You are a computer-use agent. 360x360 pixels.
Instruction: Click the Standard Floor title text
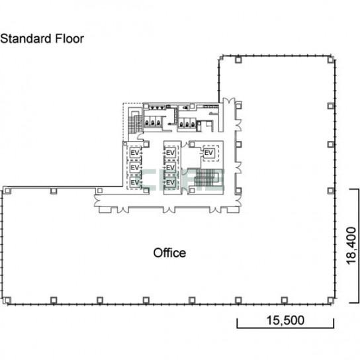(42, 38)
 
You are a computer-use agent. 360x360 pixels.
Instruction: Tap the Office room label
(169, 253)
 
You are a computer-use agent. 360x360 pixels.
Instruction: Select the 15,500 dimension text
(285, 320)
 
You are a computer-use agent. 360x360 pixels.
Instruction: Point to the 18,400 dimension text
(351, 246)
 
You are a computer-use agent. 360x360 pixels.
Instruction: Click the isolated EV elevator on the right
(208, 153)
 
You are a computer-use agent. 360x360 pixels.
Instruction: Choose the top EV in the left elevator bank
(135, 153)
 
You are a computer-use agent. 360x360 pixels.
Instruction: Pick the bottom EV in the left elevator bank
(135, 182)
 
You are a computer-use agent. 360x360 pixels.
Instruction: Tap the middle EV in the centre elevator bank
(170, 167)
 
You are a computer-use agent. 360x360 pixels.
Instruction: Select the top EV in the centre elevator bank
(170, 153)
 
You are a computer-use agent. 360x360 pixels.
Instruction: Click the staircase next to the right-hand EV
(206, 177)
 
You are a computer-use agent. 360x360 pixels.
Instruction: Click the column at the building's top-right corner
(330, 60)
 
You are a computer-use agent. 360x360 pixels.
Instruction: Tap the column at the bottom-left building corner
(7, 300)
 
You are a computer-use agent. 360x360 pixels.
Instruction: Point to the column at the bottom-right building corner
(330, 300)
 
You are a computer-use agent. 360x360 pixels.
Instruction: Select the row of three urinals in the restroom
(157, 107)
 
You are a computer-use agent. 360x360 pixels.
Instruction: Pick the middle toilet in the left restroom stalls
(152, 122)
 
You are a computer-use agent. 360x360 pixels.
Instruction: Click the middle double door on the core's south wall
(169, 209)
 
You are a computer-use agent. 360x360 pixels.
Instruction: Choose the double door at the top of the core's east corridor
(229, 101)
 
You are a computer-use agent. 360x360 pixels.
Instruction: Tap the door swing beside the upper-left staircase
(140, 136)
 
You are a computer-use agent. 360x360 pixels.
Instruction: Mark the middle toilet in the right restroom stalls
(187, 124)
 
